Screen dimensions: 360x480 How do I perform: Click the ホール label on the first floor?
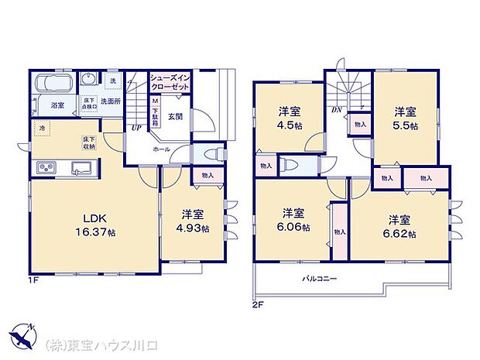pyautogui.click(x=161, y=148)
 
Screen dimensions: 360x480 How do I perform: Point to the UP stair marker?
pyautogui.click(x=136, y=129)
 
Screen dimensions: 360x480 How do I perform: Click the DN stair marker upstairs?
pyautogui.click(x=338, y=110)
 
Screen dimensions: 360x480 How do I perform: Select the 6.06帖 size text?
pyautogui.click(x=293, y=228)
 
